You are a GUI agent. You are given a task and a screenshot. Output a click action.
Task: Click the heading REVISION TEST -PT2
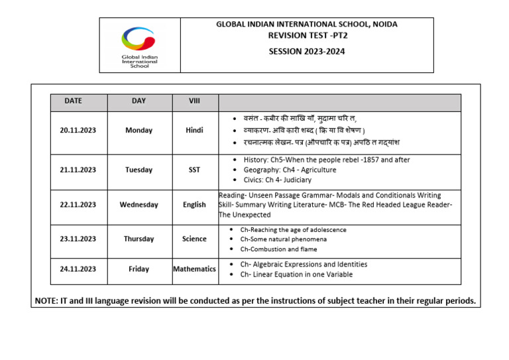tap(307, 36)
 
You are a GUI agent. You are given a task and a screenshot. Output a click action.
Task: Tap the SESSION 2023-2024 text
tap(307, 52)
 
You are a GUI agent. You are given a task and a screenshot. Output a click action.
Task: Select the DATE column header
tap(74, 101)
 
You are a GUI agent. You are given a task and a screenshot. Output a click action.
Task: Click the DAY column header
tap(139, 101)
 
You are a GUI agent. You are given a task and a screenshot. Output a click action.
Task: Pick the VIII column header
tap(194, 101)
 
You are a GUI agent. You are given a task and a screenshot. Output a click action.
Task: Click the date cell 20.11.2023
tap(78, 131)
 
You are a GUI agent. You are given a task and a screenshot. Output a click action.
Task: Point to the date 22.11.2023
tap(78, 205)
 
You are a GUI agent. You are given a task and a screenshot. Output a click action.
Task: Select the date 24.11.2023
tap(78, 269)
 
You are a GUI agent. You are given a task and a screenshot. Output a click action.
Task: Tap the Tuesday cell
tap(139, 170)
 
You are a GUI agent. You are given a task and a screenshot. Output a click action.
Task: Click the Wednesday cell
tap(139, 205)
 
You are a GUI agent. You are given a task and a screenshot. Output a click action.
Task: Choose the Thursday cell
tap(139, 239)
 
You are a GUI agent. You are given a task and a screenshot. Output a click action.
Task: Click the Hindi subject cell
tap(194, 131)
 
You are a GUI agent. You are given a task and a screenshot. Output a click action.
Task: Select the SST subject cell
tap(194, 170)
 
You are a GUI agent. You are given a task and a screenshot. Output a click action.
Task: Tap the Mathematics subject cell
tap(194, 269)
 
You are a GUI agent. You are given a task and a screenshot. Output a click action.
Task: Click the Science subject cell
tap(194, 239)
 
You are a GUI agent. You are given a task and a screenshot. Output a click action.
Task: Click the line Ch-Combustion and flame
tap(278, 249)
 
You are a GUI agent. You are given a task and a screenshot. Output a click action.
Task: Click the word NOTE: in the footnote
tap(47, 301)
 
